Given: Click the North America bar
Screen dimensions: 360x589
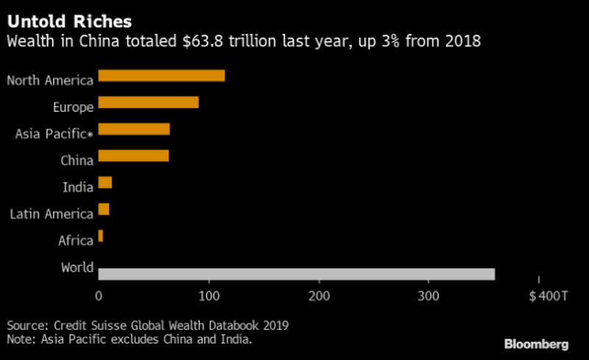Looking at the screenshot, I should tap(161, 75).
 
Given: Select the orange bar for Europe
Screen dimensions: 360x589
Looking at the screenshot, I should tap(148, 102).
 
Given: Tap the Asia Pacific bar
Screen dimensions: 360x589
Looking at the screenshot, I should tap(134, 130).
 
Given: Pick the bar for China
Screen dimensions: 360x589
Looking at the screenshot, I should tap(133, 155).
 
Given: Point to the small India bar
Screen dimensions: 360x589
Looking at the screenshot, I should tap(105, 183).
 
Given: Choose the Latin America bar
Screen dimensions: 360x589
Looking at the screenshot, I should tap(104, 209).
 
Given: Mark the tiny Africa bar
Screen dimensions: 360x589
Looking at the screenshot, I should tap(101, 236).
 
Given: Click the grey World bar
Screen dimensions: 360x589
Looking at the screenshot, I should tap(296, 275).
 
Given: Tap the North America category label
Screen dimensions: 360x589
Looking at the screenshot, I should tap(50, 80).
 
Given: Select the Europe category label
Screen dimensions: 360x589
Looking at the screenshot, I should tap(73, 107).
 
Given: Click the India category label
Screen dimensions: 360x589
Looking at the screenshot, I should tap(78, 187).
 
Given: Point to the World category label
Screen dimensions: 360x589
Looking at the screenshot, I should tap(77, 267).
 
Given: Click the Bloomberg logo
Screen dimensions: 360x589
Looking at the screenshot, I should tap(536, 344).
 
